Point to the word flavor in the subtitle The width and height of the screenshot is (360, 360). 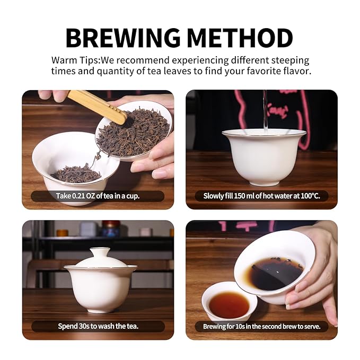pyautogui.click(x=292, y=71)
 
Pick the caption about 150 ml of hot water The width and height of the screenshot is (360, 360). pyautogui.click(x=262, y=196)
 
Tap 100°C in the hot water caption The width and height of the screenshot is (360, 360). pyautogui.click(x=312, y=196)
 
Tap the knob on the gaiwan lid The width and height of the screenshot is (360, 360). pyautogui.click(x=100, y=251)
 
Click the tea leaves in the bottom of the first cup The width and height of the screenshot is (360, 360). pyautogui.click(x=76, y=173)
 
